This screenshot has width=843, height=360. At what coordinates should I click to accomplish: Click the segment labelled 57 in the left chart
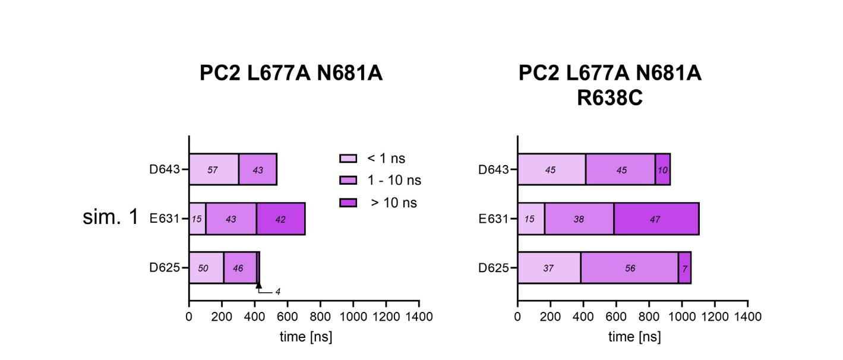213,169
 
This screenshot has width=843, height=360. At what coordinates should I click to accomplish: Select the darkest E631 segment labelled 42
280,219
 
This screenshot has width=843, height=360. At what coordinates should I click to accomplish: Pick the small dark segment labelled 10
662,169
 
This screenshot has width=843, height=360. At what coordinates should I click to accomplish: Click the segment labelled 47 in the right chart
656,219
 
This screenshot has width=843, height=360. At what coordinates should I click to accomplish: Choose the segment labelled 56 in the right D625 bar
629,268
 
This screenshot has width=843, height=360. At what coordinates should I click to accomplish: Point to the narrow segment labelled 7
684,268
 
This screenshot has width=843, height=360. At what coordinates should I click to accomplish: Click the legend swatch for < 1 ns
348,159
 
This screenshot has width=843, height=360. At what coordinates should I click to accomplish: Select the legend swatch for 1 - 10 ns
348,181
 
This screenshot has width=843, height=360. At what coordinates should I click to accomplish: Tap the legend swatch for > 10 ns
348,203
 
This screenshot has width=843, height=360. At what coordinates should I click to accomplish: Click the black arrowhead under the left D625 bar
258,286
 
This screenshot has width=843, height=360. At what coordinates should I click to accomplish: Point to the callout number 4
277,292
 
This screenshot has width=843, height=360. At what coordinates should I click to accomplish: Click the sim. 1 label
110,217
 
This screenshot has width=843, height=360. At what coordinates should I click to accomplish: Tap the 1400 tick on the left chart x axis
419,317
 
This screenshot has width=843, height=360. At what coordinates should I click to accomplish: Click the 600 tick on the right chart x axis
616,317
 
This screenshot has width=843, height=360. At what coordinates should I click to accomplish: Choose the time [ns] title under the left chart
305,337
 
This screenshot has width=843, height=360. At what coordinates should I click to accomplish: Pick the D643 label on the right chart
494,170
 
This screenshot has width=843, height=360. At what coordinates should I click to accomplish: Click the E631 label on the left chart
165,219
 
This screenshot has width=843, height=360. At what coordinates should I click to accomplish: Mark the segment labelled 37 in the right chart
548,268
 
